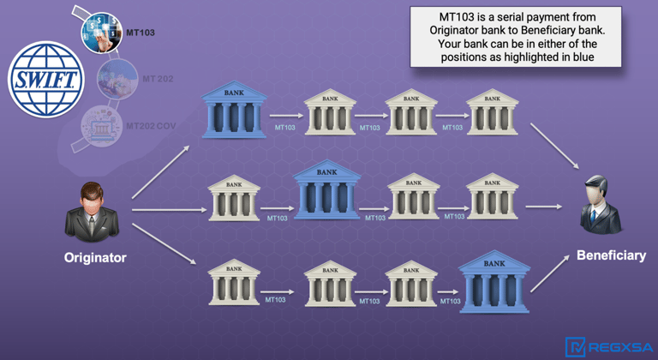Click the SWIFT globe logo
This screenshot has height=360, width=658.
[x=45, y=79]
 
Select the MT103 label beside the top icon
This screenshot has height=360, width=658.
[x=140, y=33]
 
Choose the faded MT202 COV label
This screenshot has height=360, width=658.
[x=151, y=125]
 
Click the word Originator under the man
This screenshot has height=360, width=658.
[x=95, y=257]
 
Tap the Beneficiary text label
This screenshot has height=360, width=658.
[x=611, y=255]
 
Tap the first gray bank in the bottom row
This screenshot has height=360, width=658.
[x=234, y=283]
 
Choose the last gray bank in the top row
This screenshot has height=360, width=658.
[x=492, y=111]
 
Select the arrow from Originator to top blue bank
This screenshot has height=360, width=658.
[x=161, y=172]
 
